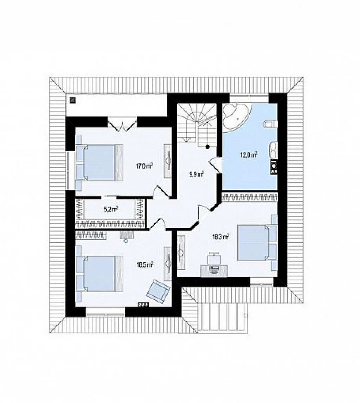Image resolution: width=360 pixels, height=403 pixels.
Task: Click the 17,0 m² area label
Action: pyautogui.click(x=144, y=166)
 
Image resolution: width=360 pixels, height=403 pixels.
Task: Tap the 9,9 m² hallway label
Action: pyautogui.click(x=197, y=174)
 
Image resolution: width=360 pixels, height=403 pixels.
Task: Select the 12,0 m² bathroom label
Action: pyautogui.click(x=249, y=155)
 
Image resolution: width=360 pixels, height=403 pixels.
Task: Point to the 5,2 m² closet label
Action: pyautogui.click(x=111, y=210)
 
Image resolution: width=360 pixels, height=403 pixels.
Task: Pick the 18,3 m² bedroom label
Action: pyautogui.click(x=220, y=237)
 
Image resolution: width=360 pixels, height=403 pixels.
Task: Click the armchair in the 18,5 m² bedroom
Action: pyautogui.click(x=159, y=291)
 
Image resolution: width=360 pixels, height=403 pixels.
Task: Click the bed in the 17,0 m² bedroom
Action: pyautogui.click(x=99, y=162)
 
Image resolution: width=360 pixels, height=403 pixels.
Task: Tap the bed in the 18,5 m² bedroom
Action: pyautogui.click(x=99, y=274)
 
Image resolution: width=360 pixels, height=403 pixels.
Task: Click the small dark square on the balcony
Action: pyautogui.click(x=73, y=100)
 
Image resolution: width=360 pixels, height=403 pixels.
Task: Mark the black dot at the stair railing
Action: pyautogui.click(x=207, y=147)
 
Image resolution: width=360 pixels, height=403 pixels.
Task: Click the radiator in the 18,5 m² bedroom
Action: pyautogui.click(x=143, y=304)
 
